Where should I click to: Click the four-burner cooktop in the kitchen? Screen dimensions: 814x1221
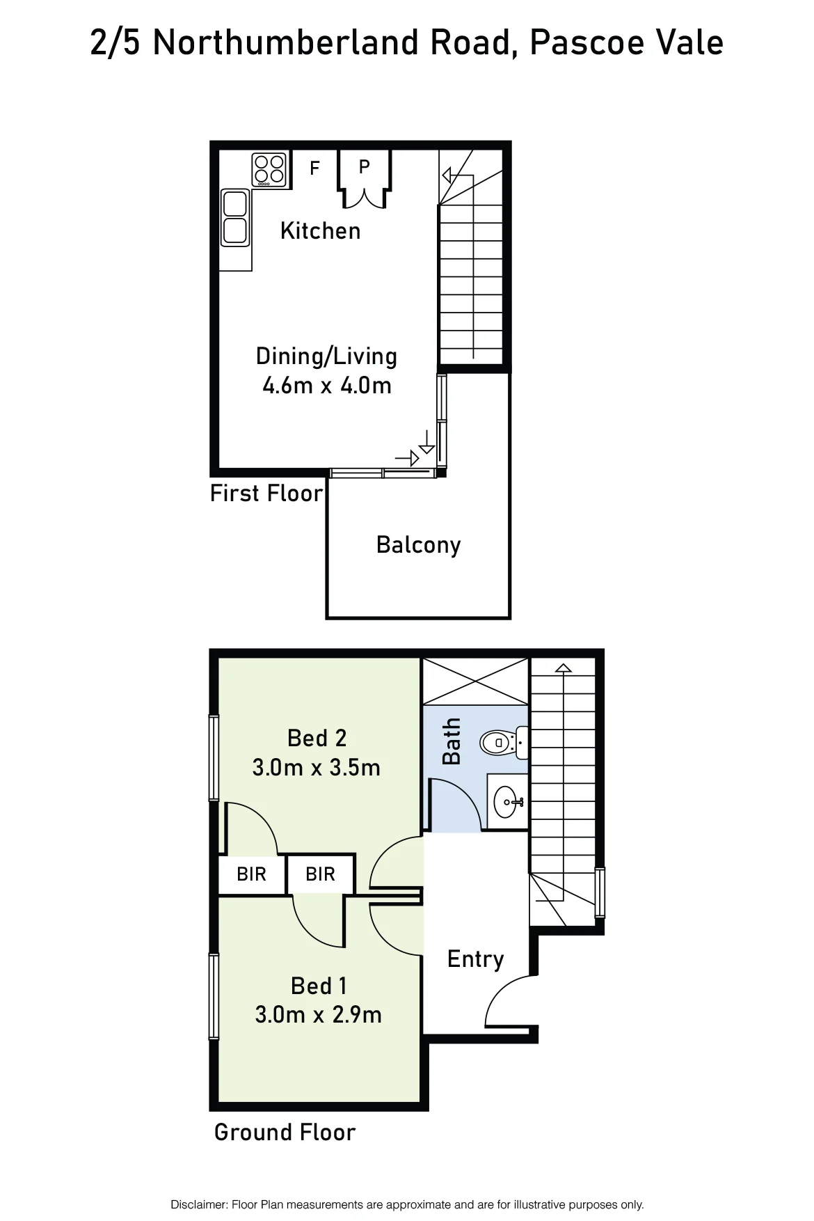[x=269, y=170]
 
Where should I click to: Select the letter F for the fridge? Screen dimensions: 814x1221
[x=314, y=168]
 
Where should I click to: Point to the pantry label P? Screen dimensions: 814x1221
[x=364, y=166]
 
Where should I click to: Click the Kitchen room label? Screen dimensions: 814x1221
[x=321, y=230]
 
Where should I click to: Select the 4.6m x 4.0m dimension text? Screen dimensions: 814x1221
[x=327, y=385]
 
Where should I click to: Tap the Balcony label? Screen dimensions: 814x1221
[x=418, y=544]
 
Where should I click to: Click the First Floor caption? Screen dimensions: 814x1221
[x=266, y=494]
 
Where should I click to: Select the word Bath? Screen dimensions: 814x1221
[x=452, y=741]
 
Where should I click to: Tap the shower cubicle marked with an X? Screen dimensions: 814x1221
[x=476, y=682]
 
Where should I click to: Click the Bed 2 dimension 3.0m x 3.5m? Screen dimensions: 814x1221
[x=317, y=768]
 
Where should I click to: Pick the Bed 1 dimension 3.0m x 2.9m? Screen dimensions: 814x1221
[x=319, y=1015]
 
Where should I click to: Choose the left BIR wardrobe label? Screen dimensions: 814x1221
[x=251, y=874]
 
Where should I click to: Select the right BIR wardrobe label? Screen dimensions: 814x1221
[x=320, y=874]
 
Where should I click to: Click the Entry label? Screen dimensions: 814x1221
[x=475, y=959]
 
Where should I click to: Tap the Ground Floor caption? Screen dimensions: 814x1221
[x=285, y=1133]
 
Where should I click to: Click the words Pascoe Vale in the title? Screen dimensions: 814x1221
[x=626, y=42]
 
